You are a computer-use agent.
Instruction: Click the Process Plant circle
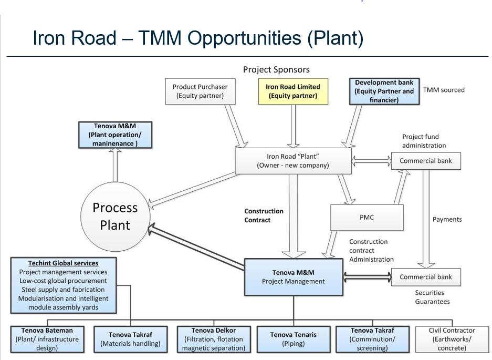pos(114,216)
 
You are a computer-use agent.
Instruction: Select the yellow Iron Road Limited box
pos(293,91)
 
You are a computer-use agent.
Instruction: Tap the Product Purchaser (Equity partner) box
pos(201,91)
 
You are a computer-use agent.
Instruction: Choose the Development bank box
pos(384,91)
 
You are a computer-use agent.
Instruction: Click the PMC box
pos(367,217)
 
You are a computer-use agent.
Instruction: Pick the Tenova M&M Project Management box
pos(293,277)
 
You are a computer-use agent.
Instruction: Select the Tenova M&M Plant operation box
pos(114,135)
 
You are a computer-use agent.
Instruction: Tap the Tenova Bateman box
pos(47,339)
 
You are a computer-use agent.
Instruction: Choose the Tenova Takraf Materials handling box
pos(130,339)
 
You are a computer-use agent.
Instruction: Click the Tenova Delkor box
pos(213,339)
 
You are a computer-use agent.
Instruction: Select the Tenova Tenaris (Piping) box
pos(293,339)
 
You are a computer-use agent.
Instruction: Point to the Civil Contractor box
pos(452,339)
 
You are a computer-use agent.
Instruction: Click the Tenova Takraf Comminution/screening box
pos(373,339)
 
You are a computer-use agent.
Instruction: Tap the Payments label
pos(447,219)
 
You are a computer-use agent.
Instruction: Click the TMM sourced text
pos(444,90)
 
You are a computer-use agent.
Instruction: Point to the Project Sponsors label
pos(276,69)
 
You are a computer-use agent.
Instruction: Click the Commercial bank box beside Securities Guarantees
pos(425,277)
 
